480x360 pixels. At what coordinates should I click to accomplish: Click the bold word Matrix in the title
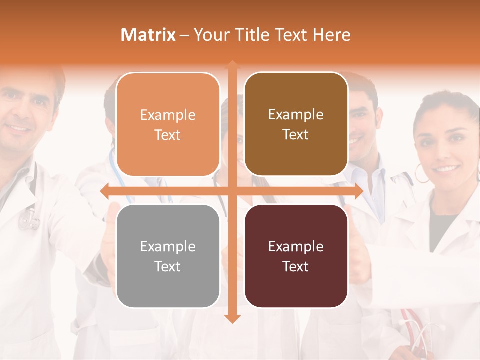click(148, 35)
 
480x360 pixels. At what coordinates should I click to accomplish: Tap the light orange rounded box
click(168, 125)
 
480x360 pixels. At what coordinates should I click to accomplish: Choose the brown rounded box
click(296, 124)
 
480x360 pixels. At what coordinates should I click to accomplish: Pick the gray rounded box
click(168, 256)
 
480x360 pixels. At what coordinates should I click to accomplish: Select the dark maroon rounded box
click(296, 256)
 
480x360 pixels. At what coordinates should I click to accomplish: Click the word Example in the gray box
click(168, 246)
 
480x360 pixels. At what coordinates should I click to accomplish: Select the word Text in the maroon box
click(296, 266)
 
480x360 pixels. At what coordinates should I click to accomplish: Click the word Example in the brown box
click(296, 115)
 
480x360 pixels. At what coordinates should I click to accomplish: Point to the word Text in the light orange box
click(168, 135)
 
